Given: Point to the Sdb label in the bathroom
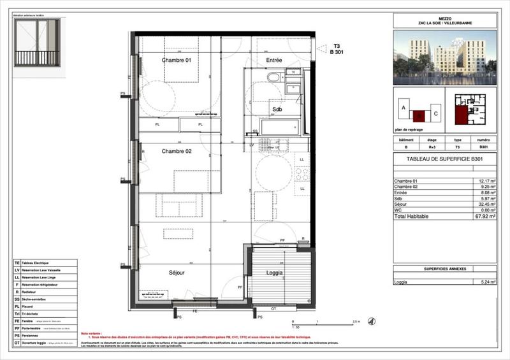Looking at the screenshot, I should [277, 110].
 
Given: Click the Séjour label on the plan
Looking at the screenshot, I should [177, 272].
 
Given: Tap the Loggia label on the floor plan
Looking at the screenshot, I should [274, 272].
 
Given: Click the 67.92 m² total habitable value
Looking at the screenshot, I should [485, 216].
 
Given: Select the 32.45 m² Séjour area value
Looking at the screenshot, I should [485, 205].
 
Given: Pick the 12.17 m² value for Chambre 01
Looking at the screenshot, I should [485, 182].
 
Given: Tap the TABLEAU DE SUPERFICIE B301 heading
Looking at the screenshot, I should [444, 159].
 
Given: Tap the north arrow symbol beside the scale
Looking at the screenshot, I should [372, 322].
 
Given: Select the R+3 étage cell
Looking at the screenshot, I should [431, 146].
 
